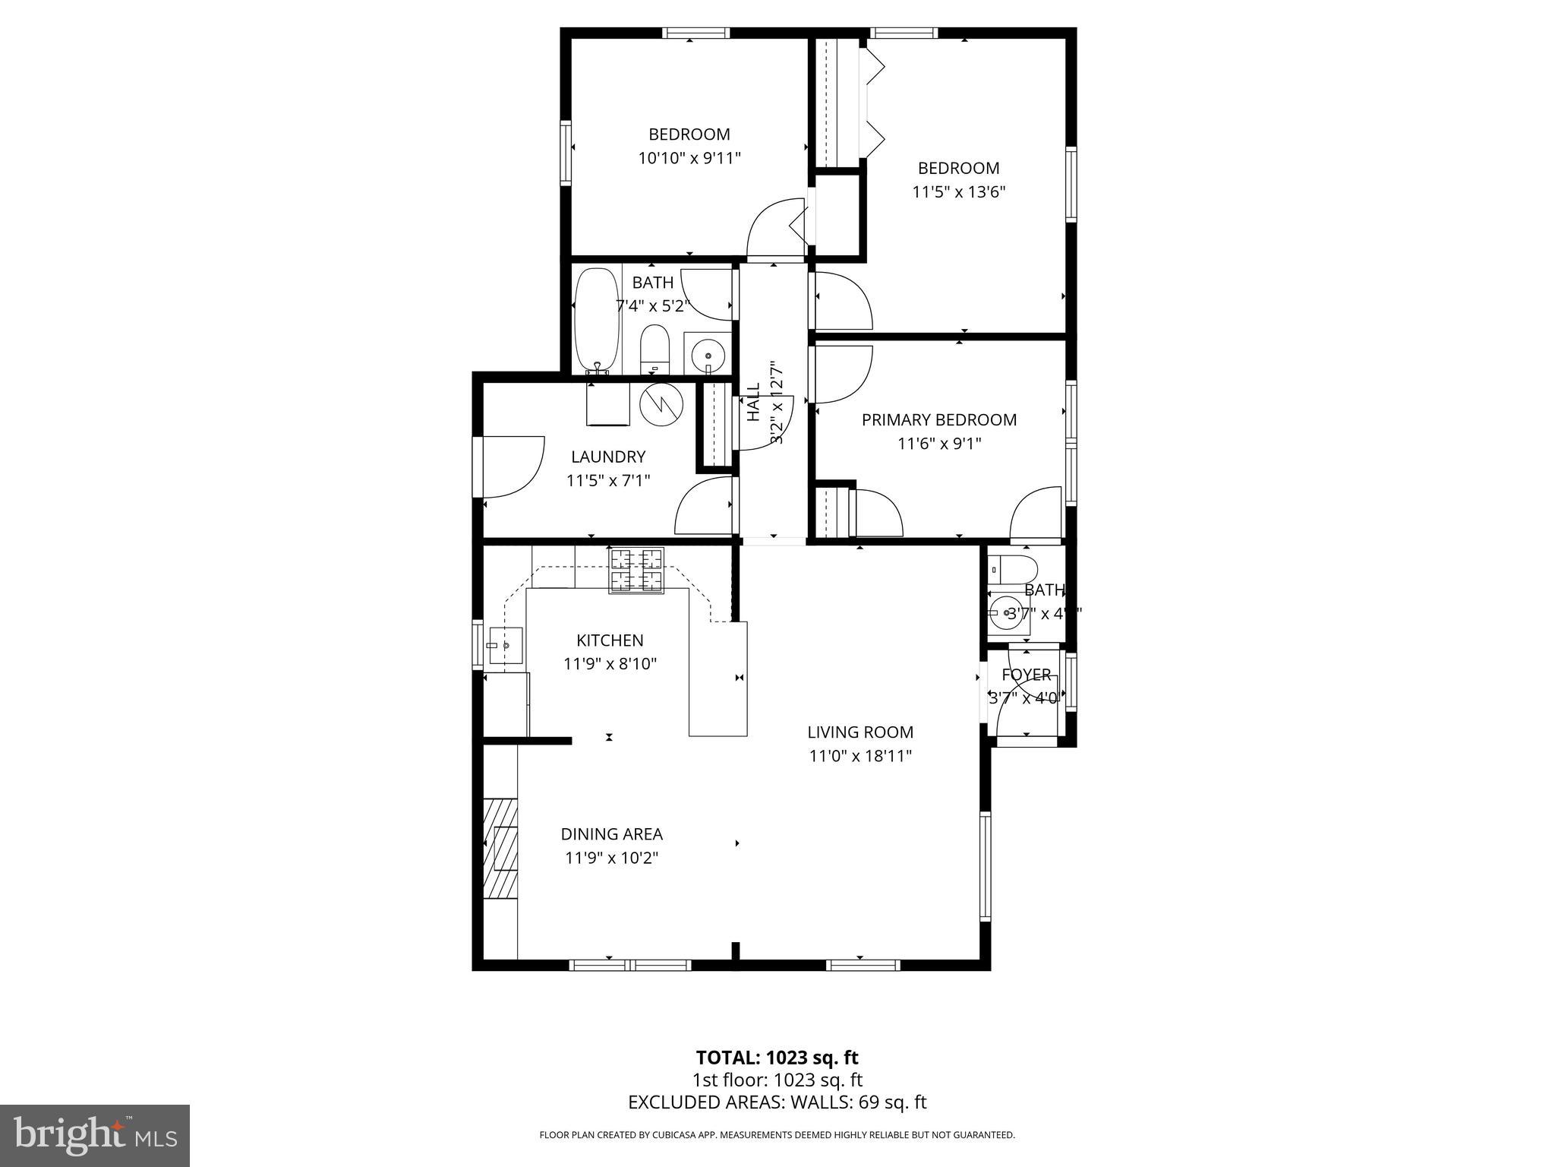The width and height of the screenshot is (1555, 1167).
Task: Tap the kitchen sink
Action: pos(506,645)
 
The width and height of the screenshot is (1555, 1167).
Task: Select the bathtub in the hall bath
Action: pos(597,320)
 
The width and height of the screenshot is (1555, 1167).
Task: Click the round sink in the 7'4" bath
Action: pos(708,354)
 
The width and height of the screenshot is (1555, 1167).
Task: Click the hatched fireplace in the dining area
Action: pos(503,848)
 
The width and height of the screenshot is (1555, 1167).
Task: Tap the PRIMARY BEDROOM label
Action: pos(938,420)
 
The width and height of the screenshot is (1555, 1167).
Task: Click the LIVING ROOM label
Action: pos(860,732)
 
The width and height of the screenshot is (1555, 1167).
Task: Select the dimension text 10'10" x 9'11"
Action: pos(689,159)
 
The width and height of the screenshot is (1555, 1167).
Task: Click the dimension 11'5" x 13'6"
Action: pos(958,192)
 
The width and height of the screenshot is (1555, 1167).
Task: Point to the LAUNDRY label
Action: pos(608,457)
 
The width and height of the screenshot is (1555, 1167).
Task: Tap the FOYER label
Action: pos(1026,675)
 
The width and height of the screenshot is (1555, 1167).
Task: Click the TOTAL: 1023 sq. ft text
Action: pos(777,1058)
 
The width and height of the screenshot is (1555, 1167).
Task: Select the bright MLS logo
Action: pos(95,1135)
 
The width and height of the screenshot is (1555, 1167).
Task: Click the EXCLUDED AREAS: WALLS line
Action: pos(777,1102)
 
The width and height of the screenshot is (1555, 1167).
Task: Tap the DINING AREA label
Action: pos(611,834)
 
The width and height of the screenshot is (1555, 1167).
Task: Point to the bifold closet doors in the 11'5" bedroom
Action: pos(874,103)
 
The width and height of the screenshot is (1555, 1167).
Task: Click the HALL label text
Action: pos(753,402)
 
